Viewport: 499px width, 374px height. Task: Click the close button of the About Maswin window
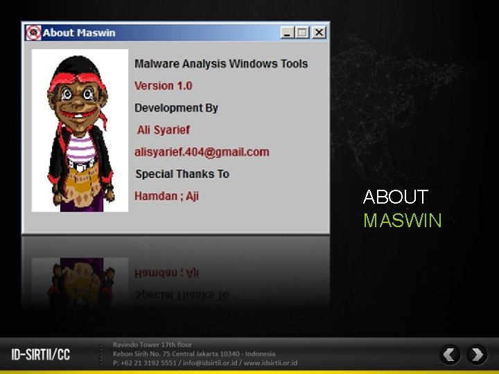pyautogui.click(x=319, y=33)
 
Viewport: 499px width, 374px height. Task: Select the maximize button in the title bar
pyautogui.click(x=303, y=33)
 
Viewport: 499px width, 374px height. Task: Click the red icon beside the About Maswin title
pyautogui.click(x=33, y=33)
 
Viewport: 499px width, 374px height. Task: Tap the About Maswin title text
pyautogui.click(x=79, y=33)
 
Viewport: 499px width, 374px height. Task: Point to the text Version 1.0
pyautogui.click(x=163, y=86)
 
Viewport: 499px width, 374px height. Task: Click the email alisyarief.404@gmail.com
pyautogui.click(x=201, y=152)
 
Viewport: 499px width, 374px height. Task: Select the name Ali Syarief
pyautogui.click(x=163, y=130)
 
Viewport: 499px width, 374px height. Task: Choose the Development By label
pyautogui.click(x=176, y=108)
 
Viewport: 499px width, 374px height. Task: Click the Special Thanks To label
pyautogui.click(x=182, y=174)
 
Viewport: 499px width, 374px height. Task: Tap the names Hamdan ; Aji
pyautogui.click(x=166, y=196)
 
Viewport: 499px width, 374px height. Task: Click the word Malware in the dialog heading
pyautogui.click(x=156, y=64)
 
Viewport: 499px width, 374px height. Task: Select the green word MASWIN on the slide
pyautogui.click(x=402, y=221)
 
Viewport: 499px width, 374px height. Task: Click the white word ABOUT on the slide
pyautogui.click(x=395, y=197)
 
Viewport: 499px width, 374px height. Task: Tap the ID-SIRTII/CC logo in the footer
pyautogui.click(x=41, y=355)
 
